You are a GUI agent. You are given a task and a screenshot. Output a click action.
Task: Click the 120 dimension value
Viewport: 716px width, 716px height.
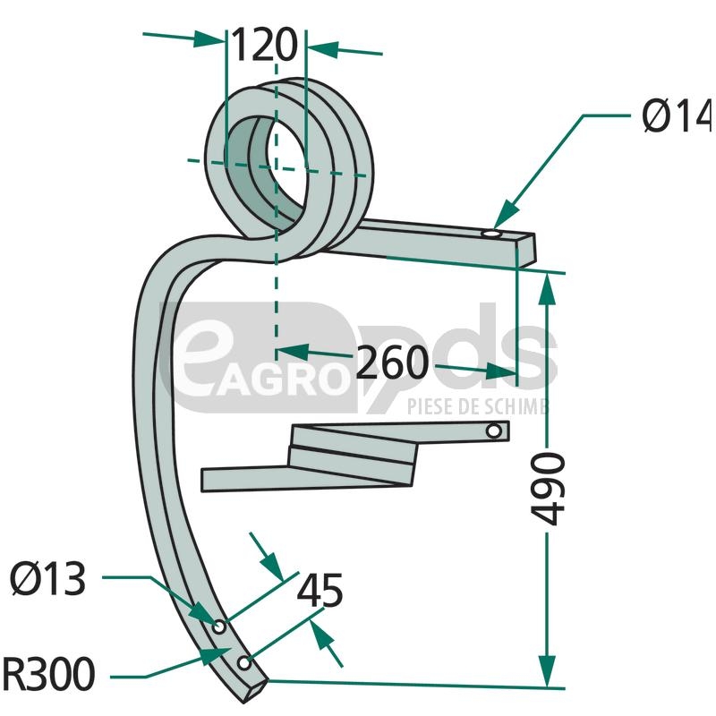[x=264, y=43]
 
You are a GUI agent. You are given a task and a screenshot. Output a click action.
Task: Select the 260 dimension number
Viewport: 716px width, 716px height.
[x=392, y=362]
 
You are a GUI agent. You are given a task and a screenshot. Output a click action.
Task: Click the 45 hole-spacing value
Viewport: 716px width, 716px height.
[x=320, y=592]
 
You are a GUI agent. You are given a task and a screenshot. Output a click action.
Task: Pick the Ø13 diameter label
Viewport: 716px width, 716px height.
[x=48, y=581]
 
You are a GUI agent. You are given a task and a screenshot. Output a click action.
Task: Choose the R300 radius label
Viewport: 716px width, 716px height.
[x=48, y=674]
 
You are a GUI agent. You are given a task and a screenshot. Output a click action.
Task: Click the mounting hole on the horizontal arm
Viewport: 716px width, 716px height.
[x=491, y=234]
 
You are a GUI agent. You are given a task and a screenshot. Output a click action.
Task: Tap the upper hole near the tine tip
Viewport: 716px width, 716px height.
[x=218, y=624]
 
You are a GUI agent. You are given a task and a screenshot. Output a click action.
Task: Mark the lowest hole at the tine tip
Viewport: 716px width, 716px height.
[x=243, y=663]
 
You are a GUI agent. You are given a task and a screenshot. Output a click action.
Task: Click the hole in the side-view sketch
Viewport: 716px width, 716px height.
[x=492, y=432]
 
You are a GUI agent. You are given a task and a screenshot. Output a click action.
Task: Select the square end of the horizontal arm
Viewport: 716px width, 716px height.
[x=528, y=250]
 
